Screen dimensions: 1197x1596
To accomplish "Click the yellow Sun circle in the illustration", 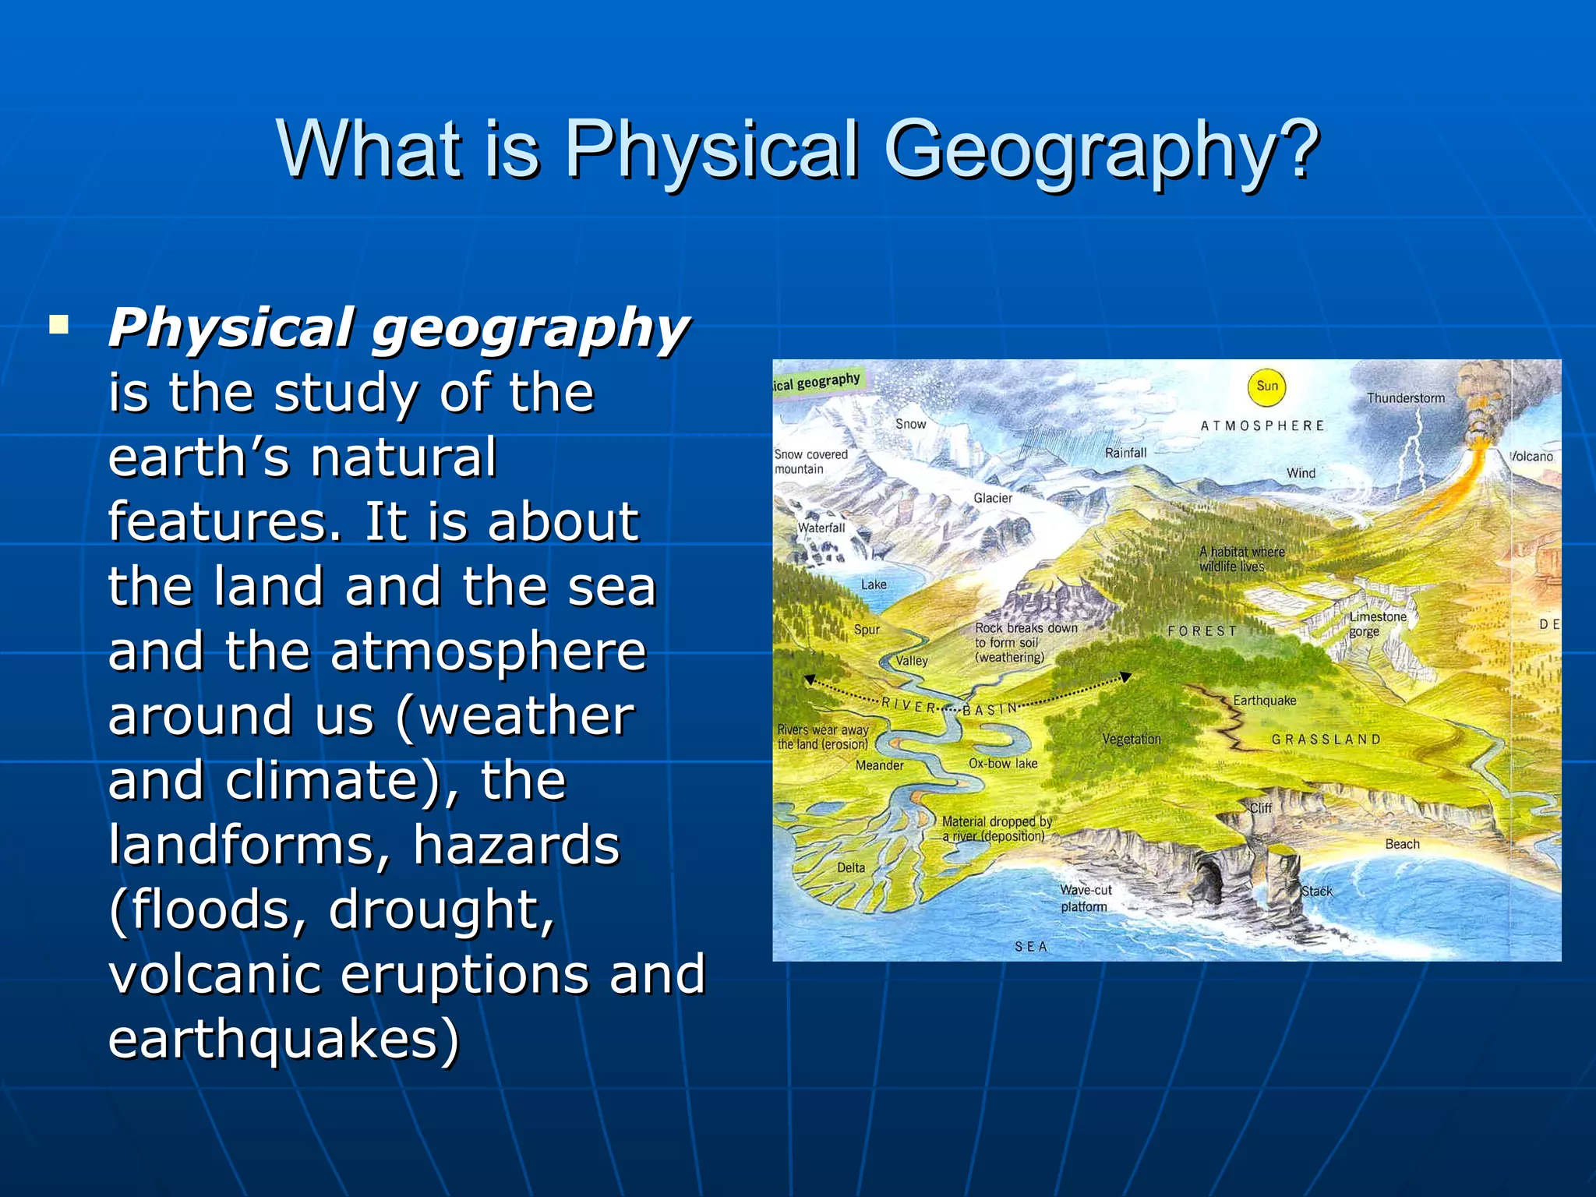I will (1266, 386).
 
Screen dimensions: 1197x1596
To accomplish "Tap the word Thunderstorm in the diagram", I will (1405, 398).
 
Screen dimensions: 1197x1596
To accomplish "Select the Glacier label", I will (992, 498).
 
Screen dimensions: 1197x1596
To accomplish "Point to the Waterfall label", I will (821, 528).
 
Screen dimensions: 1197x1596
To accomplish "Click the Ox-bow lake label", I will (1003, 764).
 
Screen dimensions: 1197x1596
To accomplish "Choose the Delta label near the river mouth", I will (850, 867).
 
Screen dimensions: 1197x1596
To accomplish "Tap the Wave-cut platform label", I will (1085, 898).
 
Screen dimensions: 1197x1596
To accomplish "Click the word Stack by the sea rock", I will (1317, 891).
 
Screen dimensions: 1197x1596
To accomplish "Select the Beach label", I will (1402, 844).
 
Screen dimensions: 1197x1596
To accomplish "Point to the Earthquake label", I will (1264, 701).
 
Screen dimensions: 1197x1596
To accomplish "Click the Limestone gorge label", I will (1377, 623).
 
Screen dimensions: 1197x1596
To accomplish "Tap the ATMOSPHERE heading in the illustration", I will (1262, 426).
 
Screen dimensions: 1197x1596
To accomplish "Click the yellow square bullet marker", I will (58, 324).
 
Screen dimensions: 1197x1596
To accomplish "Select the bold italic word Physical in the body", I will (231, 327).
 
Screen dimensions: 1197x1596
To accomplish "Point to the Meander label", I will (879, 765).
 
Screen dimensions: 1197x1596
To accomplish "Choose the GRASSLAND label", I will (1326, 739).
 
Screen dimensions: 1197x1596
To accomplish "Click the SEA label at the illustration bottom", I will (1030, 946).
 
